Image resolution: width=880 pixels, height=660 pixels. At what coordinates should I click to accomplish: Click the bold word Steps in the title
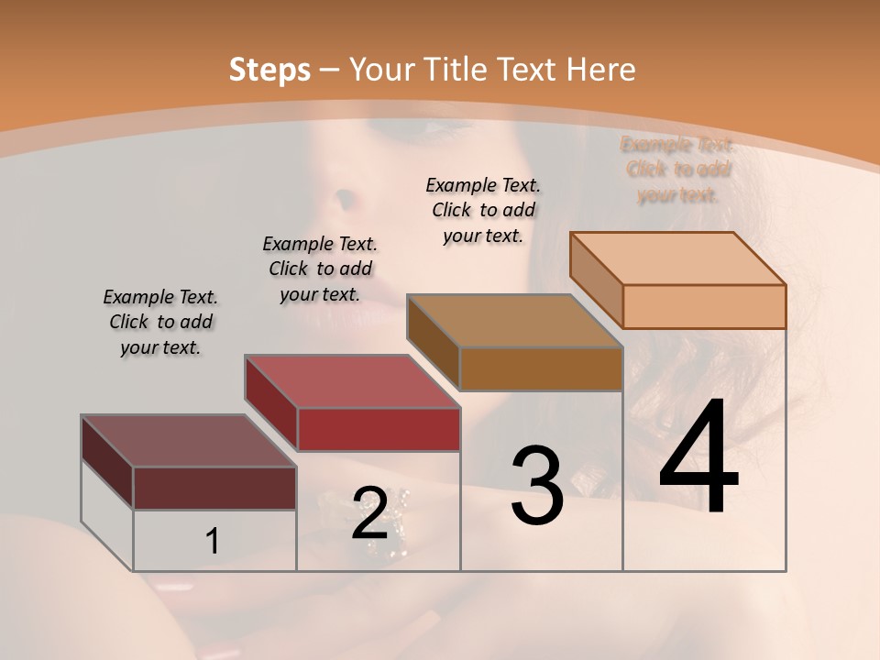tap(269, 70)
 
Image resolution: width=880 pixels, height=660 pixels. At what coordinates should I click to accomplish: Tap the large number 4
tap(698, 458)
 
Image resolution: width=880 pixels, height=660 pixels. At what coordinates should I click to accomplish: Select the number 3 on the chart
tap(536, 486)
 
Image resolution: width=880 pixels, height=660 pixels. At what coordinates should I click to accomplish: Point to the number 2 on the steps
tap(369, 513)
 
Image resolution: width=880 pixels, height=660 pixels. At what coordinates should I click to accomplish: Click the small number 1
tap(212, 542)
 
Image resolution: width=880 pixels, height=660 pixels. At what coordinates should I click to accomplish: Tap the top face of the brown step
tap(514, 321)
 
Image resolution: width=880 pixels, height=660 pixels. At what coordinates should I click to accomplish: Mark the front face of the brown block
tap(541, 369)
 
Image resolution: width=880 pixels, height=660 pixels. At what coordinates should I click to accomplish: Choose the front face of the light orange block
tap(704, 306)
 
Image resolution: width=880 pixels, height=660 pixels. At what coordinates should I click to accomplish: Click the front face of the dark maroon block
tap(214, 488)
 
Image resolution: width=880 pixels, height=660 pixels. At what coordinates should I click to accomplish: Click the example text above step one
tap(160, 323)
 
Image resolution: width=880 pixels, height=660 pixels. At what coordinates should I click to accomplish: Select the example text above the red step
tap(320, 269)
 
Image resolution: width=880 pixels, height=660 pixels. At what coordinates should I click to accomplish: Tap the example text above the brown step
tap(483, 210)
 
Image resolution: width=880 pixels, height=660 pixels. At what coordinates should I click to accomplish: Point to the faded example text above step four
tap(677, 170)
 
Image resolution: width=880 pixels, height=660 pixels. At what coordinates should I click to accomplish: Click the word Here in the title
tap(601, 70)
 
